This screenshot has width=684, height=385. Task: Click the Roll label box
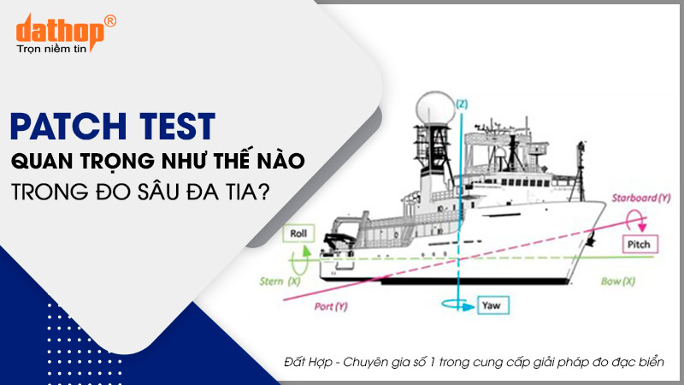pos(298,234)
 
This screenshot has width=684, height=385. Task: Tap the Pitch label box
pos(640,245)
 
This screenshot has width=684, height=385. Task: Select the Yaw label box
pos(493,305)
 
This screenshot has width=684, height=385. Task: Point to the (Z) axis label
pos(462,104)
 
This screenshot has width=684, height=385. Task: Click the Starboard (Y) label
pos(640,198)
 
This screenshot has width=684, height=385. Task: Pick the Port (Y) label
pos(331,306)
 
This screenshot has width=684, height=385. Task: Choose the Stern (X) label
pos(280,281)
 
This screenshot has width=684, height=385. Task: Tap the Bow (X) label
pos(617,281)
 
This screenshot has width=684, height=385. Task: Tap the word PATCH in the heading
pos(68,127)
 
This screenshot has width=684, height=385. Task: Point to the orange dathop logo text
pos(60,32)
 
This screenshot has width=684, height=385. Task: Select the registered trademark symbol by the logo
pos(110,21)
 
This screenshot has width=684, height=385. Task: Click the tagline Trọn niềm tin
pos(51,49)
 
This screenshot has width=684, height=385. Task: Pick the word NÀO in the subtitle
pos(284,160)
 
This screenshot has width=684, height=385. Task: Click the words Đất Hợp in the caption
pos(308,362)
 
